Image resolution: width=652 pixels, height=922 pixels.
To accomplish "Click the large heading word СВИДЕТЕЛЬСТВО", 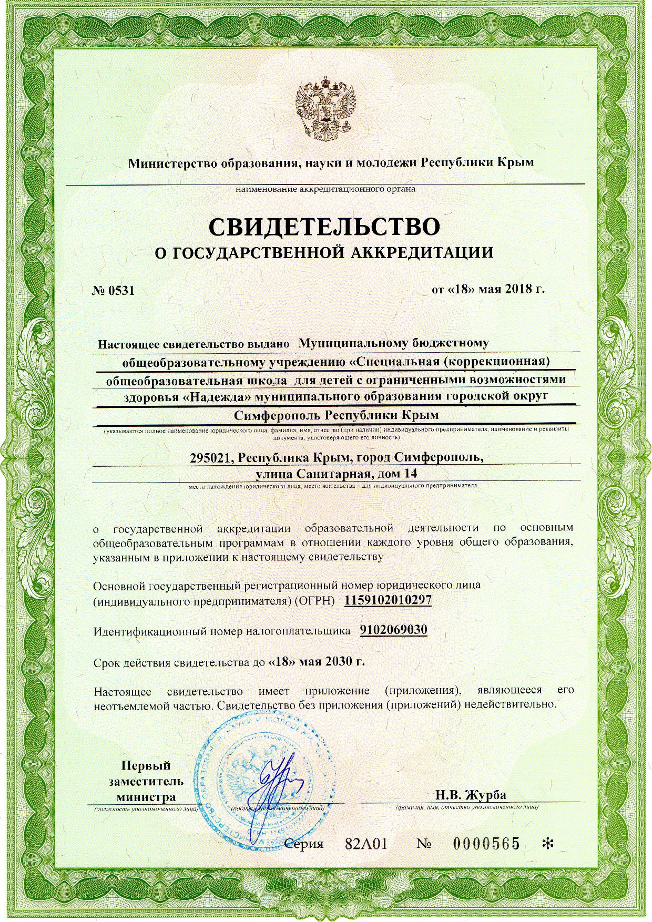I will point(324,227).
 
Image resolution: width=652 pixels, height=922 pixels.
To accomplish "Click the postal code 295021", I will point(211,457).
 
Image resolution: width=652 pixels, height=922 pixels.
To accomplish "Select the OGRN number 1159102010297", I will point(388,600).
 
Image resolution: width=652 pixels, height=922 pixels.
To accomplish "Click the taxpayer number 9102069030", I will point(393,630).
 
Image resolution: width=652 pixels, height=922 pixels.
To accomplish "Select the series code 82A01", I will point(366,844).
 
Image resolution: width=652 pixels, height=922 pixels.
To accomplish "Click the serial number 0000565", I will point(486,844).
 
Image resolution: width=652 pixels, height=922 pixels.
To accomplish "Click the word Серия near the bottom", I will point(303,844).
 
